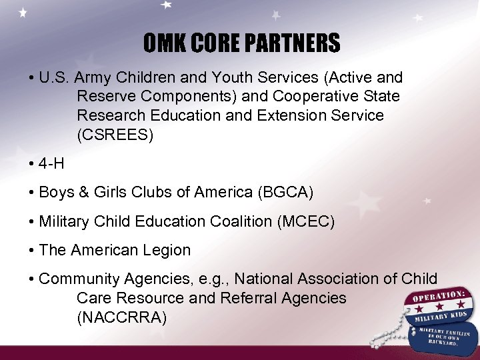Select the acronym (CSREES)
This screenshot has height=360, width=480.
[115, 135]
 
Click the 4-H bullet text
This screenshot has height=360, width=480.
[51, 164]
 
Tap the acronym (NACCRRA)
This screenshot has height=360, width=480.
[122, 317]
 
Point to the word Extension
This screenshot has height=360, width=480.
[283, 115]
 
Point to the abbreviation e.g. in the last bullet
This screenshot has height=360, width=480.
[214, 279]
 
